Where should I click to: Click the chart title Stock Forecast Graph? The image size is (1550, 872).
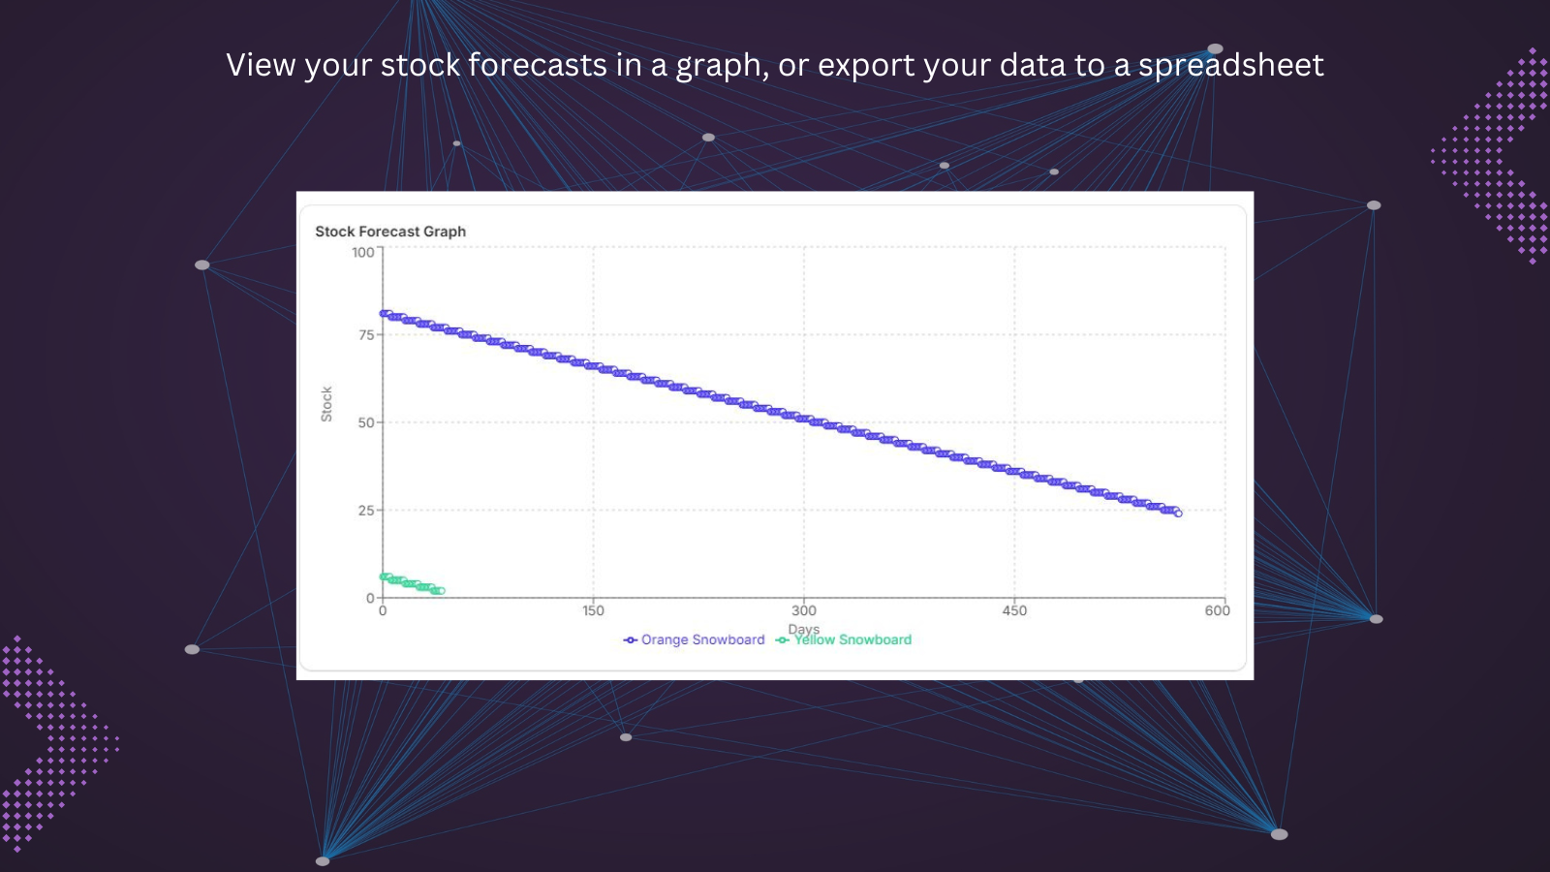point(390,232)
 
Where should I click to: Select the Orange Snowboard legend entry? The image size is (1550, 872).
point(694,639)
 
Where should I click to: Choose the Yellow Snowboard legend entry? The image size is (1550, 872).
point(844,639)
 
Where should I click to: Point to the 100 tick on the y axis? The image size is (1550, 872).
point(362,252)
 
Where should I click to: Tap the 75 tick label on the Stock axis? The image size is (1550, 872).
point(366,335)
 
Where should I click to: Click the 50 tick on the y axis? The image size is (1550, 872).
point(366,422)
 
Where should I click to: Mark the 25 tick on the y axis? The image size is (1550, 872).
point(366,511)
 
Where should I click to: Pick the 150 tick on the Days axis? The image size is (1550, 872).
point(593,610)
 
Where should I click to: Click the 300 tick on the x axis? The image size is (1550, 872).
point(804,610)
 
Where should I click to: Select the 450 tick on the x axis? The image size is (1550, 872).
point(1014,610)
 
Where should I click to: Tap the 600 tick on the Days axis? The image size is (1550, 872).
point(1217,610)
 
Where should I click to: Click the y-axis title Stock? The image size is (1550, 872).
point(326,404)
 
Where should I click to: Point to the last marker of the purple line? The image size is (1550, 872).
point(1178,514)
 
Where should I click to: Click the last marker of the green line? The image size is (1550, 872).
point(442,591)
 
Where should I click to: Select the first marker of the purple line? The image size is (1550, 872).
point(384,314)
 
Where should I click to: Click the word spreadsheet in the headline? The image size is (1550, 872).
point(1231,65)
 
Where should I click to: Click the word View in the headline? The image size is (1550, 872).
point(261,65)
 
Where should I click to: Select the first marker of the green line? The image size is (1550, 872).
point(384,576)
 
